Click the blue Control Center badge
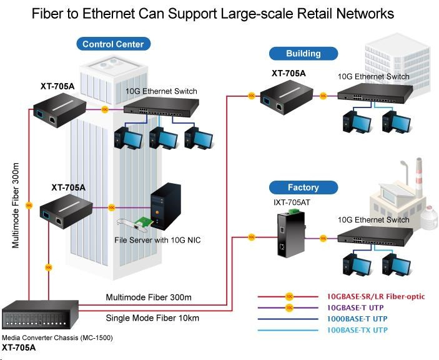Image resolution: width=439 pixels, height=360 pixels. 113,44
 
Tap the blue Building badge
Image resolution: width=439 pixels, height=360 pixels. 303,53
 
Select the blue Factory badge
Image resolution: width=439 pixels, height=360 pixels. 303,187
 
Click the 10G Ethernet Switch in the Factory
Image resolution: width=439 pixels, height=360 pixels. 375,236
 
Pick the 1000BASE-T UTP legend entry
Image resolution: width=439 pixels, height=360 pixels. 358,317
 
